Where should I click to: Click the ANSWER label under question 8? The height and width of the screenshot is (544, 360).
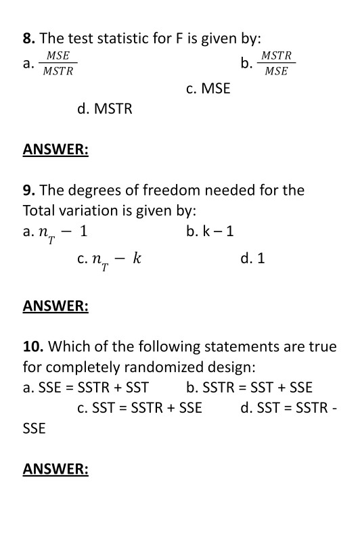(x=55, y=150)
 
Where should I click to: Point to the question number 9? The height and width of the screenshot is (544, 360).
(x=29, y=190)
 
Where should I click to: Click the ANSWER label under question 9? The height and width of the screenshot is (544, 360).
(x=55, y=306)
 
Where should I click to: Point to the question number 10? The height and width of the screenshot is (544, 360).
(x=33, y=347)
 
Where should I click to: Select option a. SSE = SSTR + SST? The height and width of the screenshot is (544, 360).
(x=86, y=388)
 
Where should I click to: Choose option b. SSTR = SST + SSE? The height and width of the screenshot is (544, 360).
(x=249, y=388)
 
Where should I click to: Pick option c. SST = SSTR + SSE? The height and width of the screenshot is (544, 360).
(x=139, y=408)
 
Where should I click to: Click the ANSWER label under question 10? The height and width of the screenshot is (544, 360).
(x=55, y=468)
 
